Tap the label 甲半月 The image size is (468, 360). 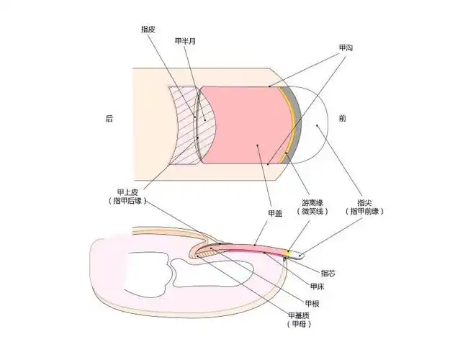[185, 42]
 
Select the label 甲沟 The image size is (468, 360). [346, 48]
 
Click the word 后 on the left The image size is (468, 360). [109, 119]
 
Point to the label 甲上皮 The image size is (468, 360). [125, 192]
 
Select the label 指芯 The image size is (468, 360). [328, 273]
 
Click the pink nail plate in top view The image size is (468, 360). [245, 122]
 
